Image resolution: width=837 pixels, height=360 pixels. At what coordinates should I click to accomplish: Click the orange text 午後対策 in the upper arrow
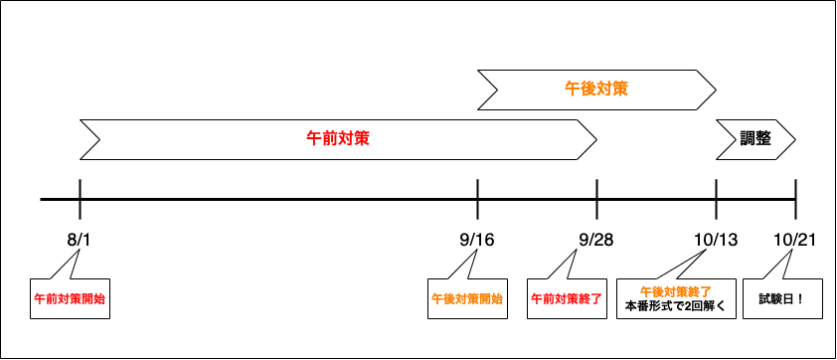(x=596, y=89)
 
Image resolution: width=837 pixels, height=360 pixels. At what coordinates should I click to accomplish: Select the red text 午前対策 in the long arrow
(x=338, y=138)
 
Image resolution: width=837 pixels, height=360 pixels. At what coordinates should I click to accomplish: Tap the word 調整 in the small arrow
(x=755, y=138)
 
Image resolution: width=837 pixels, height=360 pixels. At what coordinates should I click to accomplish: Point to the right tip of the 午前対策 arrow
(x=593, y=139)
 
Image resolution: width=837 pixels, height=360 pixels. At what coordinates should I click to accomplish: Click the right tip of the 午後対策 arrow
(x=713, y=90)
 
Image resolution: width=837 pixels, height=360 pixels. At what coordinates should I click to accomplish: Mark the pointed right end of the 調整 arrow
(x=792, y=139)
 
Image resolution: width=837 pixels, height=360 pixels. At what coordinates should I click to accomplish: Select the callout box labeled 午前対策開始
(x=70, y=298)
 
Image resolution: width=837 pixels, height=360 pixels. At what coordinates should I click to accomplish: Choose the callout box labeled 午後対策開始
(x=467, y=298)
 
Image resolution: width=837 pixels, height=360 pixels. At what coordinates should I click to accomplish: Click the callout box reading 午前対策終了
(x=567, y=298)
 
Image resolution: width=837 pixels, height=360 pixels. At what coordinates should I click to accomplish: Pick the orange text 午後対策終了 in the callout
(x=676, y=291)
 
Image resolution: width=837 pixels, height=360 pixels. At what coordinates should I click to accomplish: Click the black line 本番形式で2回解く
(x=676, y=306)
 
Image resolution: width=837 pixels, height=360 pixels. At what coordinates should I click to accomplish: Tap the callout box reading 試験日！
(x=782, y=298)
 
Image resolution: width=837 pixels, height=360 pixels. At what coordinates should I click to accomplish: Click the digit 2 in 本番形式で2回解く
(x=686, y=306)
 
